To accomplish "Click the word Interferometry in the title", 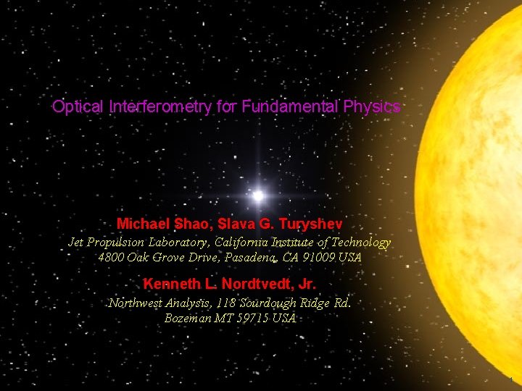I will point(160,107).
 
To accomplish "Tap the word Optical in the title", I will point(78,107).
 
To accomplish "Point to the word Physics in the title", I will point(373,107).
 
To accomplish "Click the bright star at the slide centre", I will point(257,195).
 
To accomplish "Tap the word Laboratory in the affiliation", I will point(162,243).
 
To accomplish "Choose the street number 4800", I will point(112,257).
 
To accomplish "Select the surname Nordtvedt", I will point(252,283).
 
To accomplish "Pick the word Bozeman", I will point(189,318).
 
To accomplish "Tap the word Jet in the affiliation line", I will point(76,243).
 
